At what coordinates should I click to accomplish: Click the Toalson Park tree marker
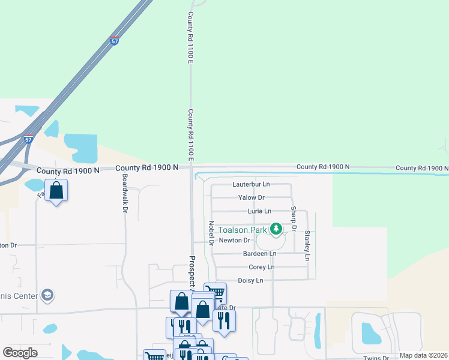point(276,229)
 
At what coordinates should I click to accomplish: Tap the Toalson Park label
point(243,230)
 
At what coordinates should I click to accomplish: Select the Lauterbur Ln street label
point(251,184)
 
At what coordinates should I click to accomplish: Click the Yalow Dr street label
point(251,197)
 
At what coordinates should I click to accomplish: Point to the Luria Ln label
point(259,211)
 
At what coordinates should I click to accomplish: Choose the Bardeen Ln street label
point(259,254)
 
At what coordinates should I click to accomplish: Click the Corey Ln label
point(261,267)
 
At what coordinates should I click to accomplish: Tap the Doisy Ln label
point(250,280)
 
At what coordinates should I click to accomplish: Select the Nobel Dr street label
point(211,233)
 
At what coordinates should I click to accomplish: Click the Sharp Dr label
point(294,218)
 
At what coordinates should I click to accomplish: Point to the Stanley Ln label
point(307,245)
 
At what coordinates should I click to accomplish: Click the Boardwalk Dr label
point(124,188)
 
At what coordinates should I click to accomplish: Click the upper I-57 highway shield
point(114,41)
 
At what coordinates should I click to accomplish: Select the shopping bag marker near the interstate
point(56,191)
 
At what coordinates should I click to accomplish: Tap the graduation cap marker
point(48,295)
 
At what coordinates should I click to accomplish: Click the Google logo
point(20,353)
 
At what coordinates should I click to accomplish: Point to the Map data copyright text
point(423,355)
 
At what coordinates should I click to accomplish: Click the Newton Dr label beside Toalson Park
point(234,240)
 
